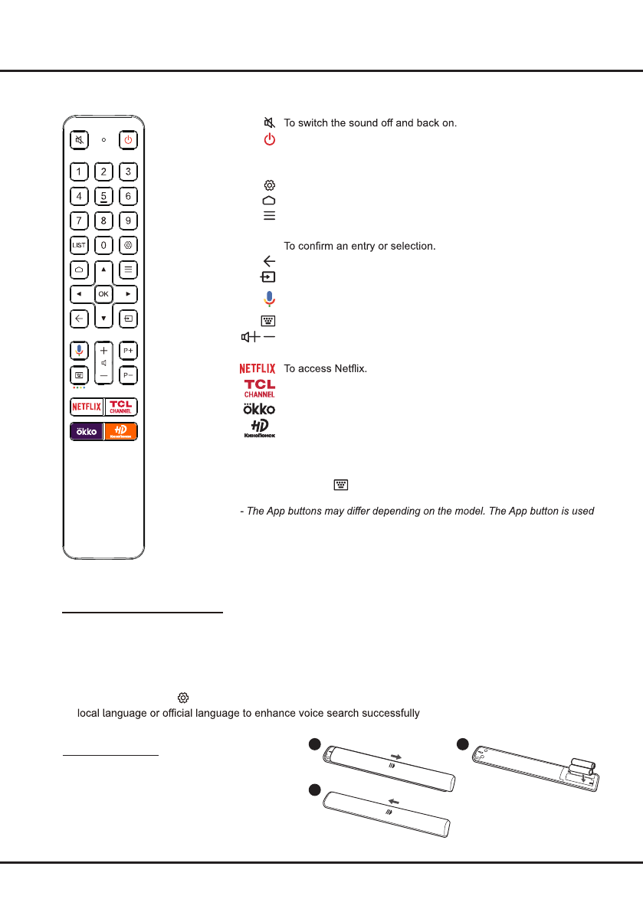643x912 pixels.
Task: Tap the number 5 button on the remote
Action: point(103,196)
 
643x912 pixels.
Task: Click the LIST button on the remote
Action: point(79,246)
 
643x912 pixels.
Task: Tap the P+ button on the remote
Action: point(128,350)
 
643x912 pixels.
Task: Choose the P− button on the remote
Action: point(128,376)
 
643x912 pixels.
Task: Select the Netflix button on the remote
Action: point(87,406)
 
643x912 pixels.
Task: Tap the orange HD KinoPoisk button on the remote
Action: point(121,431)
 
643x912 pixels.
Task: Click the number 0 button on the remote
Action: point(103,246)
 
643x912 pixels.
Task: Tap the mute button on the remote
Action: point(79,140)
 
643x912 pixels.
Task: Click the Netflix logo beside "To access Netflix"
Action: point(258,369)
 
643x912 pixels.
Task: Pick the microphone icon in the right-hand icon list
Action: point(269,299)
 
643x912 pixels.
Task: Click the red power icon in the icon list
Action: point(269,139)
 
